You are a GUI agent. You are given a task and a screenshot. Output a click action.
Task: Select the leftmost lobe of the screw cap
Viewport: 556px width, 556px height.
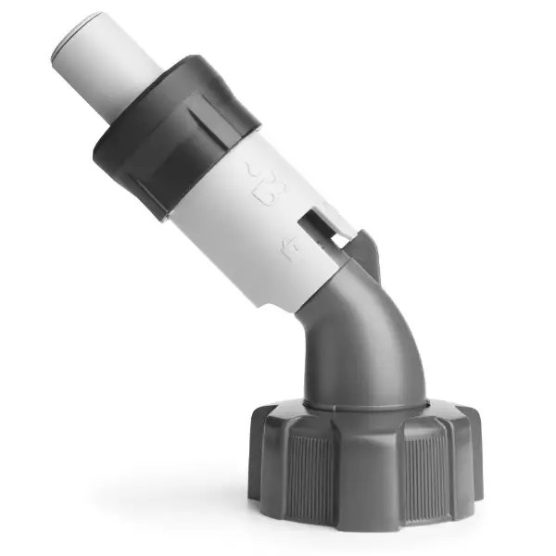pyautogui.click(x=260, y=454)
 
